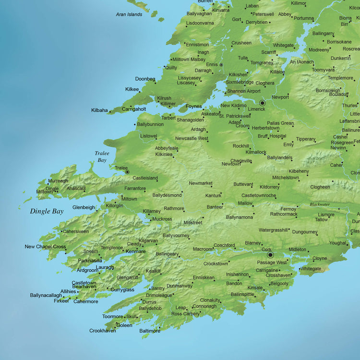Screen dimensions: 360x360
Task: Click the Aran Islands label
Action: coord(129,14)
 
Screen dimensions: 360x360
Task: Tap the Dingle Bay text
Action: coord(47,211)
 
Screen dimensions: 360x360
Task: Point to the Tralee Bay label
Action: coord(102,156)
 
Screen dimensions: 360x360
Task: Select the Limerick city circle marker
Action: coord(262,103)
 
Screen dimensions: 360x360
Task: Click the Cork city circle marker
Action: coord(270,255)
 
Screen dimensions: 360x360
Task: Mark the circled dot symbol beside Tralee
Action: coord(127,171)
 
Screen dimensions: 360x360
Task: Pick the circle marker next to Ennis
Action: coord(221,65)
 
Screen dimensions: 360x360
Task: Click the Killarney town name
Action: coord(152,211)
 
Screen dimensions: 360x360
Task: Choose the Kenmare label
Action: coord(136,252)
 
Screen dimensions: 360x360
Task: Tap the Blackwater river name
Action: coord(320,204)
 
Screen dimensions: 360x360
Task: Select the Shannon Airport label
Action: coord(244,91)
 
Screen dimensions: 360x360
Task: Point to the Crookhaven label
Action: coord(102,331)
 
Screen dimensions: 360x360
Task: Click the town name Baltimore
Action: coord(150,331)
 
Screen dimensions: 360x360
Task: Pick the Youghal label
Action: coord(337,243)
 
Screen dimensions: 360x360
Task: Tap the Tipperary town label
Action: coord(305,139)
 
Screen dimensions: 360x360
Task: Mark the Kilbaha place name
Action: coord(99,110)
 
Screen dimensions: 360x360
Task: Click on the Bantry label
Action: coord(158,288)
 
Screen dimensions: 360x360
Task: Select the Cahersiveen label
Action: coord(76,231)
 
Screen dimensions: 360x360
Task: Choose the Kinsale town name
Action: coord(255,288)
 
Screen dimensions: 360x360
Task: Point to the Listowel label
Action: coord(148,136)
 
